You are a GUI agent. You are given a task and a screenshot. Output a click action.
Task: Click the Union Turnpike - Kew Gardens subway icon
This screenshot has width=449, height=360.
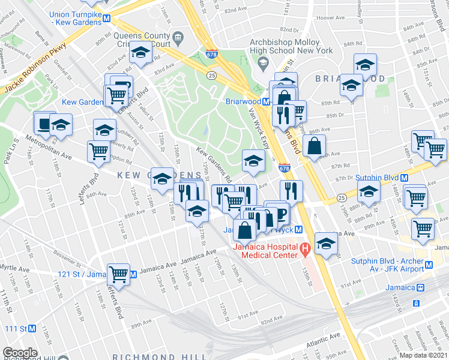click(x=106, y=18)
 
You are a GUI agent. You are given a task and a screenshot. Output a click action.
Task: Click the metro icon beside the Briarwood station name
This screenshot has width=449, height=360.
click(x=265, y=101)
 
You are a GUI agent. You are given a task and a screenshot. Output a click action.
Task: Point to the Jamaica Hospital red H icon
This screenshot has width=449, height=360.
click(x=304, y=247)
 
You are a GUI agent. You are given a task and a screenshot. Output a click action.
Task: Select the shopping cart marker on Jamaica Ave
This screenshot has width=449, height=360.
click(x=119, y=274)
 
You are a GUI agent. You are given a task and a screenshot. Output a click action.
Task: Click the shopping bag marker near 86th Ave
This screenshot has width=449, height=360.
click(x=315, y=145)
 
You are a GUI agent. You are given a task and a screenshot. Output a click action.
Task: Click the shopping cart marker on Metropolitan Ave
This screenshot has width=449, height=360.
click(x=98, y=151)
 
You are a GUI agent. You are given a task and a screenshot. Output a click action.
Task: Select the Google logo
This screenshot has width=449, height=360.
click(x=20, y=353)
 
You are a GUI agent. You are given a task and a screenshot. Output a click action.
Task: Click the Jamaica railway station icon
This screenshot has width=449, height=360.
click(x=420, y=287)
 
